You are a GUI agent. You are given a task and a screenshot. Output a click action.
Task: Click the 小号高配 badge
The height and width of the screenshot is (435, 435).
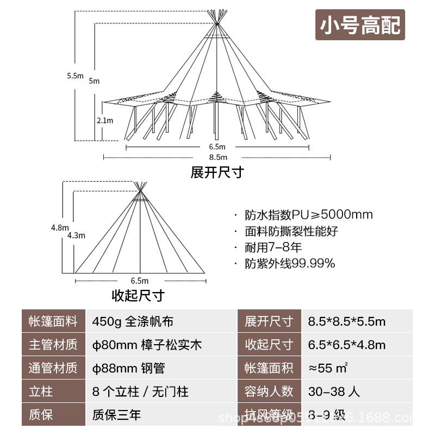(361, 26)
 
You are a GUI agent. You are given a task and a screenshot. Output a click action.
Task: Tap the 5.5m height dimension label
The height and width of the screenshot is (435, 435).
(75, 76)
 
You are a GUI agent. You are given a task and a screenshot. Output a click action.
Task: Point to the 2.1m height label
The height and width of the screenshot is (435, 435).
(105, 120)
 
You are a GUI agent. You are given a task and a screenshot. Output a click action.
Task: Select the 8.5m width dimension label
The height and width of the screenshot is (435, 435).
(217, 158)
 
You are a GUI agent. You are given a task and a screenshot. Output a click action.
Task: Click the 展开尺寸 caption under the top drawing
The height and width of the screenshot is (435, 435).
(217, 173)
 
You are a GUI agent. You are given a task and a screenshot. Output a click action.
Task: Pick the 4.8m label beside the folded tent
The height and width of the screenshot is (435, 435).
(60, 227)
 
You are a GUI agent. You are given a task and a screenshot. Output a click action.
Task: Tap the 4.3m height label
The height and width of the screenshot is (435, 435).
(77, 235)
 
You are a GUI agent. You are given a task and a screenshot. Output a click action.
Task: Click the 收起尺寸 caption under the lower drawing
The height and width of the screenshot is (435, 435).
(138, 296)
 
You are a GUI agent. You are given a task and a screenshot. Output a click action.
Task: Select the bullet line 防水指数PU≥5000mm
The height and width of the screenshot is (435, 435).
(308, 214)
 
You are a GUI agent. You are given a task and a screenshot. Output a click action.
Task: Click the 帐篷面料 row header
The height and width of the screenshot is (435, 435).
(53, 321)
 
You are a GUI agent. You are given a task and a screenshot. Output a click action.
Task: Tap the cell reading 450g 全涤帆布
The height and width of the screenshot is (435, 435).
(133, 321)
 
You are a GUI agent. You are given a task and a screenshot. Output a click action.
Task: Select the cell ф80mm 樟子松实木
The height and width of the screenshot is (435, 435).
(147, 345)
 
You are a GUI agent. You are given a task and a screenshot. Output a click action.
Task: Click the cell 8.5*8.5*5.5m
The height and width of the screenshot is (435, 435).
(346, 321)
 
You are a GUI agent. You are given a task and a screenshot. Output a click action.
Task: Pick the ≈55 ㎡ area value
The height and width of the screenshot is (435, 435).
(328, 368)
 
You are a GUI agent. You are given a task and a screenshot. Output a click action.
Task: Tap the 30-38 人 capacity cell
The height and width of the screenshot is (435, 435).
(334, 391)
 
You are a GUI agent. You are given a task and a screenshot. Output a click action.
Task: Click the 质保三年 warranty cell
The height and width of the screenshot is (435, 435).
(116, 415)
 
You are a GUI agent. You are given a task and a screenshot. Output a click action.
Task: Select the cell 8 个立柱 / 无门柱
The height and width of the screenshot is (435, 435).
(140, 391)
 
